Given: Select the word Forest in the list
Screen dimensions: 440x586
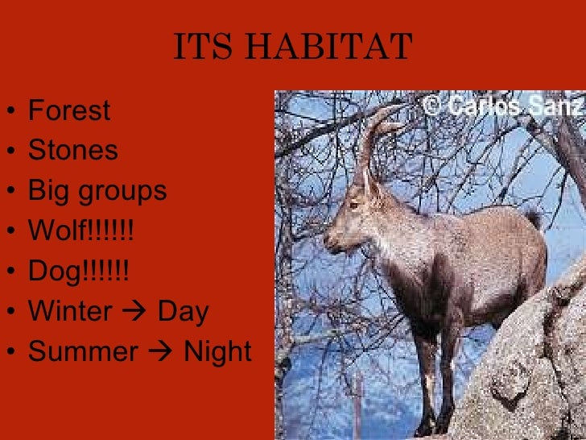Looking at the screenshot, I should pyautogui.click(x=69, y=110).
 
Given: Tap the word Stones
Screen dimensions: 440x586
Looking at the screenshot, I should pyautogui.click(x=72, y=151).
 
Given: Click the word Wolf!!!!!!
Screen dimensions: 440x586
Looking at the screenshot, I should pyautogui.click(x=80, y=231).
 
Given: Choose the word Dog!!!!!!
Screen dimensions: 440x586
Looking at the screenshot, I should pyautogui.click(x=78, y=272).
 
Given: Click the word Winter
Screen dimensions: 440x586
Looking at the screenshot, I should pyautogui.click(x=70, y=312).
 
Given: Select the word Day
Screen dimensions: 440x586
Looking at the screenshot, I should pyautogui.click(x=184, y=312).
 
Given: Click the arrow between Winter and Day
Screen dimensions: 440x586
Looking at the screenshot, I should pyautogui.click(x=135, y=313).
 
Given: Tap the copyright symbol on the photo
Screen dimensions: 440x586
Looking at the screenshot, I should pyautogui.click(x=432, y=106).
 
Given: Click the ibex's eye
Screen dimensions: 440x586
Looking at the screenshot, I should pyautogui.click(x=353, y=205).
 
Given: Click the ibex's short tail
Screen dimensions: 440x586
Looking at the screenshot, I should pyautogui.click(x=532, y=218).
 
